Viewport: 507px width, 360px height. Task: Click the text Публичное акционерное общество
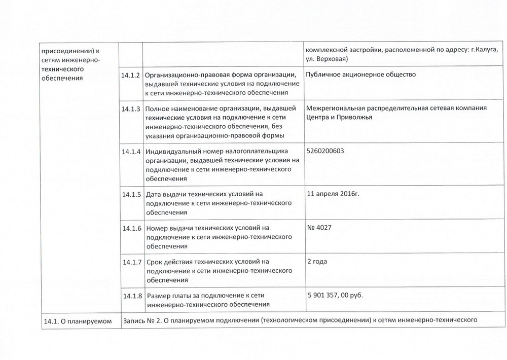tap(361, 75)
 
